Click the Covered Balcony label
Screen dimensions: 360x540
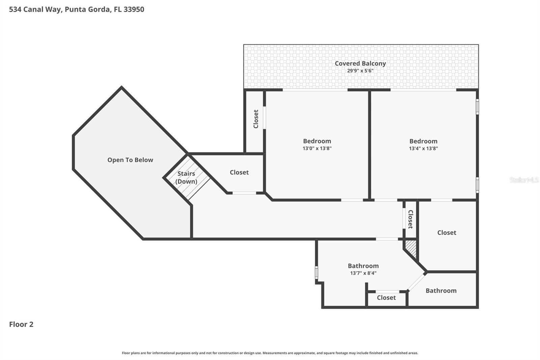(360, 63)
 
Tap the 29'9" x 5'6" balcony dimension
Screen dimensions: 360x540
(360, 71)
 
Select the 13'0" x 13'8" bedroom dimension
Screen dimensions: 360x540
(317, 148)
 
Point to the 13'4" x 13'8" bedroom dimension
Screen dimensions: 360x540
(423, 148)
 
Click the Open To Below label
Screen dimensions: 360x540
(130, 160)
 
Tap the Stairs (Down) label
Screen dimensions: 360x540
(186, 177)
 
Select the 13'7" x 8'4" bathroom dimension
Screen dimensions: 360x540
(363, 273)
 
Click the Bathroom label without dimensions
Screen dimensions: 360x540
(441, 291)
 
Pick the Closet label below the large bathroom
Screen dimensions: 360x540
(386, 298)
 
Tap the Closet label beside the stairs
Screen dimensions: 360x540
(239, 173)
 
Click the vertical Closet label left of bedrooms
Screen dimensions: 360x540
(256, 119)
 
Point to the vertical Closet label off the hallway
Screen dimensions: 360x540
(410, 219)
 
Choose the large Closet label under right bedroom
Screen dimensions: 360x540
(447, 233)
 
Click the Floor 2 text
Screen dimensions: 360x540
(21, 325)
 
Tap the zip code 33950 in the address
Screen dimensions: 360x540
(134, 9)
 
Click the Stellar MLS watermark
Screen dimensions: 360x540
(524, 180)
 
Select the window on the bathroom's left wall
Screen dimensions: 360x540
(317, 272)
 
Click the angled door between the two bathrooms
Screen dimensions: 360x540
(416, 282)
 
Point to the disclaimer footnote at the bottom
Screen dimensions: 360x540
(270, 353)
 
